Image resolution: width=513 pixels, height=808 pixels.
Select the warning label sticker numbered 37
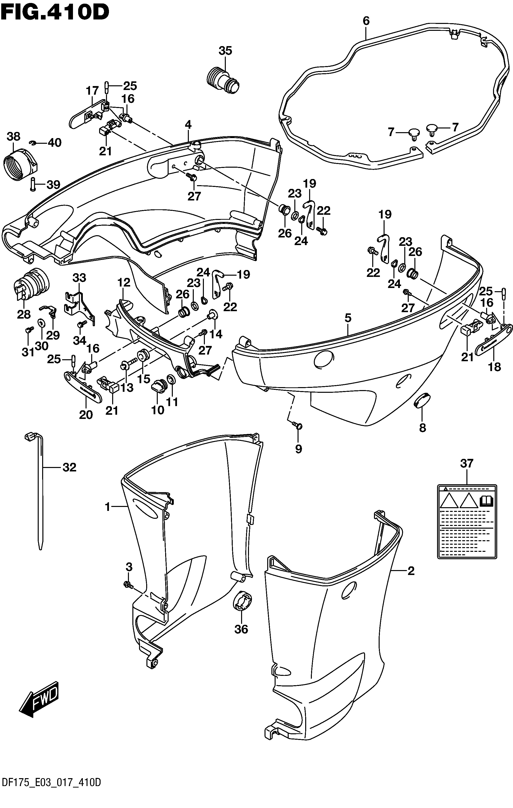[x=467, y=521]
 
